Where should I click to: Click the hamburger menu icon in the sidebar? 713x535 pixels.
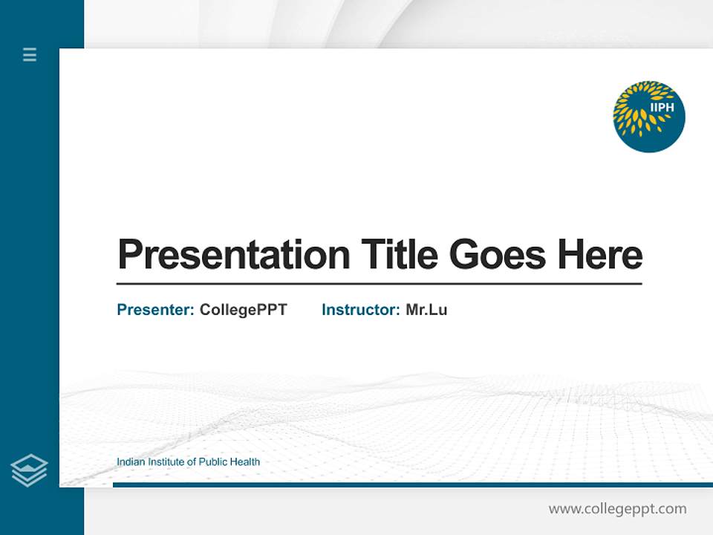pyautogui.click(x=30, y=54)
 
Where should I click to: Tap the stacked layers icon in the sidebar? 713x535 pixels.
pyautogui.click(x=29, y=470)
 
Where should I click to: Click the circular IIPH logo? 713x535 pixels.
pyautogui.click(x=648, y=117)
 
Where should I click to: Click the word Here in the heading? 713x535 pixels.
pyautogui.click(x=600, y=255)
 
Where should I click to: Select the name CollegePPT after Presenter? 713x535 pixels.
pyautogui.click(x=243, y=310)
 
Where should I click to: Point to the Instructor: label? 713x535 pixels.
pyautogui.click(x=361, y=310)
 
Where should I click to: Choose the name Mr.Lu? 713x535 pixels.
pyautogui.click(x=426, y=310)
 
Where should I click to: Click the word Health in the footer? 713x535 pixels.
pyautogui.click(x=246, y=462)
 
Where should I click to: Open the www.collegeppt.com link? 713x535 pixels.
pyautogui.click(x=617, y=509)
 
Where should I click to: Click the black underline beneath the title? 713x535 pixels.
pyautogui.click(x=379, y=284)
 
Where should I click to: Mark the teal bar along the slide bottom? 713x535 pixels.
pyautogui.click(x=412, y=484)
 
